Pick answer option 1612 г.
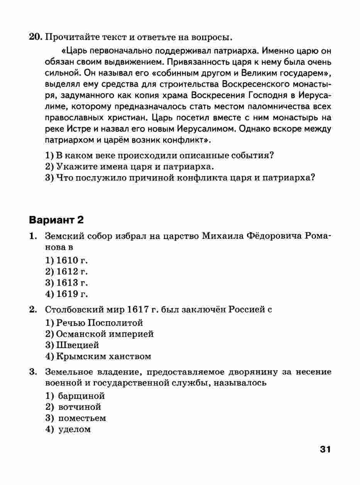point(67,271)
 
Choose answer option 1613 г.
point(67,283)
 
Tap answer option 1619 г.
point(67,294)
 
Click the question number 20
point(35,37)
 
